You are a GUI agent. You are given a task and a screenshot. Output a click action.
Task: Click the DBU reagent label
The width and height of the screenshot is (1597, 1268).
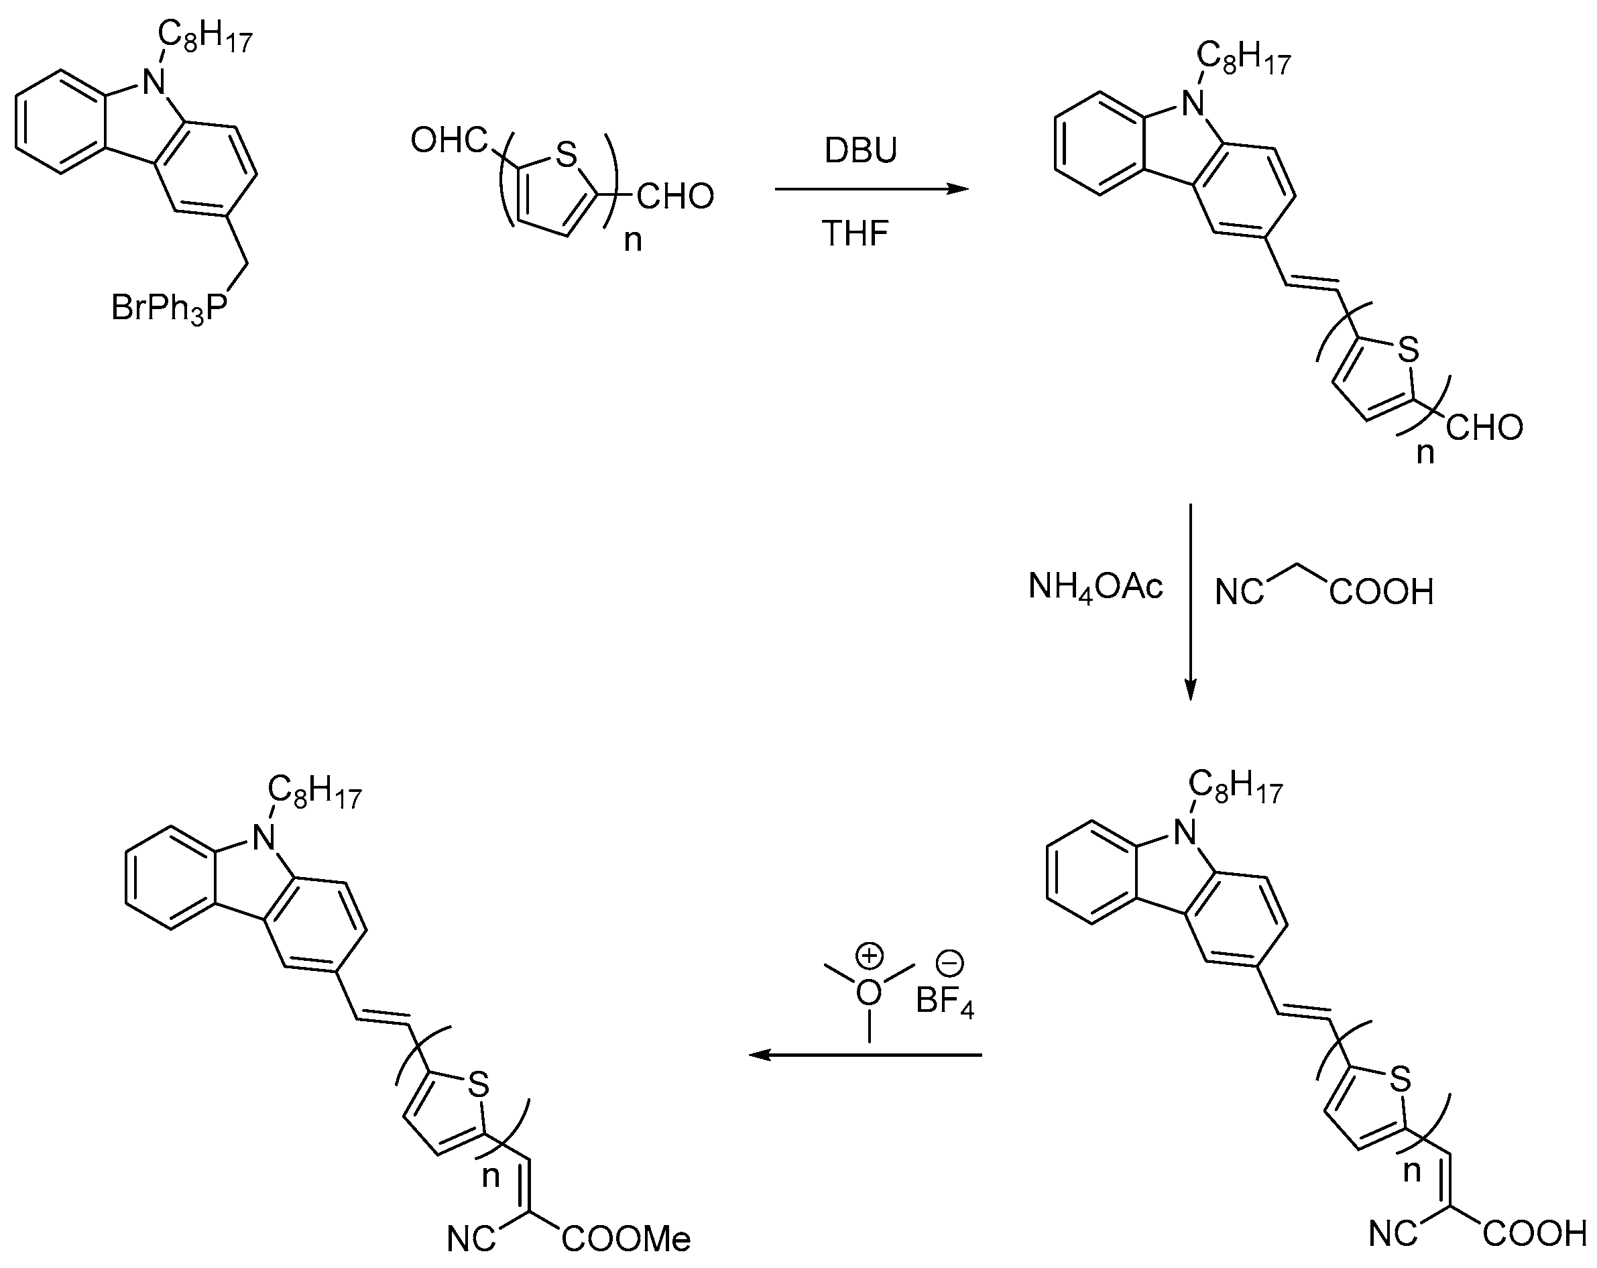(861, 151)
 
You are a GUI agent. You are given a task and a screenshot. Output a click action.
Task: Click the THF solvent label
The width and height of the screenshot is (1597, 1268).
(855, 234)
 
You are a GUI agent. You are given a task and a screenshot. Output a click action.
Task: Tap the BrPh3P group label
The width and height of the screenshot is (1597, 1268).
(169, 308)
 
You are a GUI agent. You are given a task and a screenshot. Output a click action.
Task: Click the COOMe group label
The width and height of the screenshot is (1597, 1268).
(627, 1239)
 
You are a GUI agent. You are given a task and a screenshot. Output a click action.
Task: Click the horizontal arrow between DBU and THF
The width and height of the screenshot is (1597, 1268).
(871, 190)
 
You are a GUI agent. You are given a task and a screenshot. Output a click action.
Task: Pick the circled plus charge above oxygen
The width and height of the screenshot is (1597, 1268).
(869, 956)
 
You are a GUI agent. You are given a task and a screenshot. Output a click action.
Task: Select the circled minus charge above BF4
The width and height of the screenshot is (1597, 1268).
(949, 964)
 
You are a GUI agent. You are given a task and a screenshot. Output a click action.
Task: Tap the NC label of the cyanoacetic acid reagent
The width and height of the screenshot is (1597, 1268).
(1240, 593)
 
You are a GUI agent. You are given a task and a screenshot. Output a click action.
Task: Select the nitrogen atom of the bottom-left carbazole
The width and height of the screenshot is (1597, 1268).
(263, 838)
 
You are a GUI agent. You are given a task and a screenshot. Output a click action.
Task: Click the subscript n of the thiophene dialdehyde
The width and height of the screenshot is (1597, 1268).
(633, 241)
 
